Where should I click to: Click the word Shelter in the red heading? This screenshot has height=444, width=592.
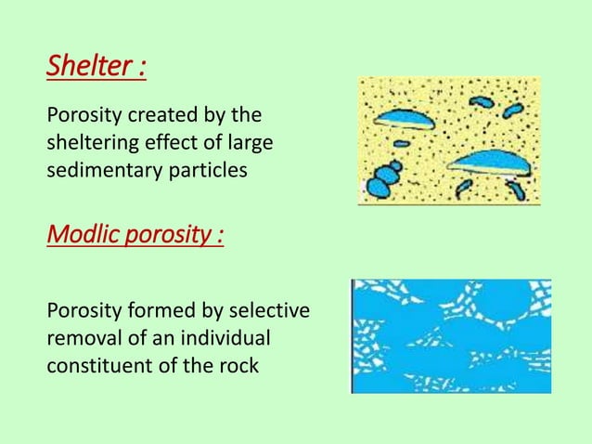click(86, 67)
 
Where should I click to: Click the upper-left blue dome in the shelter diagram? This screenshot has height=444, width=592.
click(406, 118)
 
